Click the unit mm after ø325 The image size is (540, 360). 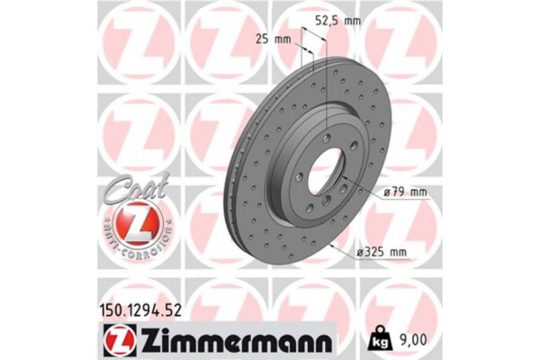[411, 253]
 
